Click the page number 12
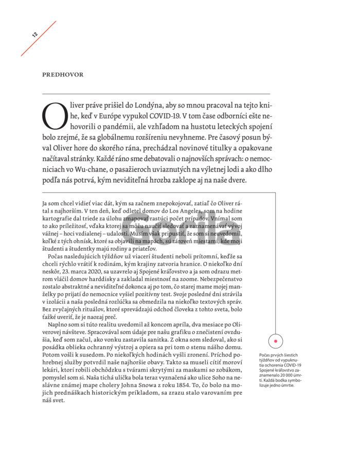[x=34, y=35]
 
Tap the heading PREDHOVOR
[x=63, y=75]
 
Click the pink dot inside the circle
[x=276, y=341]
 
